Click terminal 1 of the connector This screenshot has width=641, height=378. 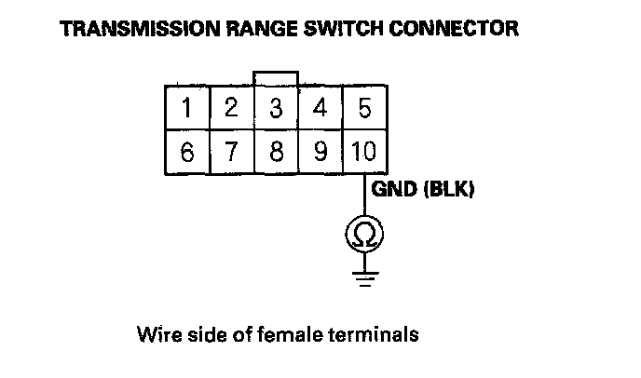point(188,108)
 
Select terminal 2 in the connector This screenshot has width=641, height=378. point(232,108)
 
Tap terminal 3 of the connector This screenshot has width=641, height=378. point(276,108)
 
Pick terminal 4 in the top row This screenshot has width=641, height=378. point(320,108)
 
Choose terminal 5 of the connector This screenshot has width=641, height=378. point(364,108)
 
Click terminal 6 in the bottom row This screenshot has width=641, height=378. point(188,152)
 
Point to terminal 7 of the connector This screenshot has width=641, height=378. point(232,152)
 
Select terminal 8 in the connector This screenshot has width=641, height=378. point(276,152)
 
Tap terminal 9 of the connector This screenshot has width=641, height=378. point(320,152)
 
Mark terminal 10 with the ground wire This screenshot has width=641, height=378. point(364,152)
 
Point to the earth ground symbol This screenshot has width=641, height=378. point(364,277)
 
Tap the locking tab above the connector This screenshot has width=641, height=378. point(276,77)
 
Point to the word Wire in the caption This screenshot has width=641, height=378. point(155,332)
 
